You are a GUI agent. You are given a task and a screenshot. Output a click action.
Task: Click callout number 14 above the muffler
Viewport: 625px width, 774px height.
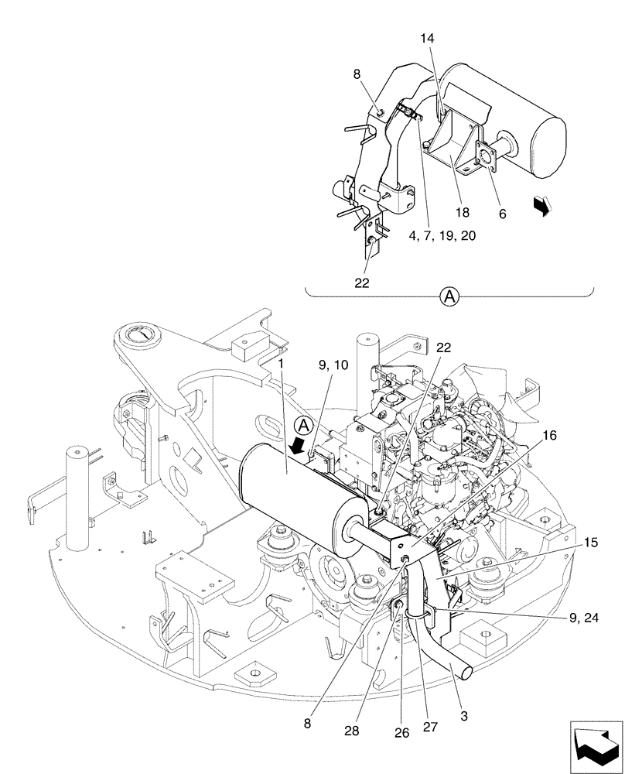428,38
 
